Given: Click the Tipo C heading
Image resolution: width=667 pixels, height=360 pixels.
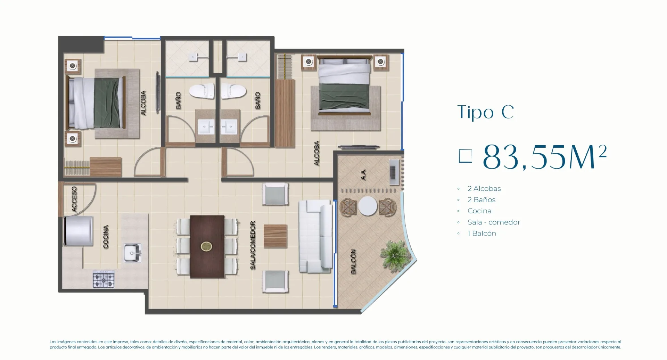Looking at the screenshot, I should (x=485, y=112).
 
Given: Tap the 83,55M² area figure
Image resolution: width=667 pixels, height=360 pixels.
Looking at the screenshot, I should (x=544, y=157).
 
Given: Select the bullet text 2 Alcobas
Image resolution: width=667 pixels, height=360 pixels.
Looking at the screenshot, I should (x=484, y=189).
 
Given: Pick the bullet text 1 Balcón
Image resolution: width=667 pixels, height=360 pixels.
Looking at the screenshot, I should (x=481, y=234).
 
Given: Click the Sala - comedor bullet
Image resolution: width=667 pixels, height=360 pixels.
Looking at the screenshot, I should (x=493, y=222).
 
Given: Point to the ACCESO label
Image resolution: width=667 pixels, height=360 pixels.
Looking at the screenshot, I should (x=74, y=199).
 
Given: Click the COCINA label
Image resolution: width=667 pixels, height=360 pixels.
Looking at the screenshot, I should (x=106, y=237).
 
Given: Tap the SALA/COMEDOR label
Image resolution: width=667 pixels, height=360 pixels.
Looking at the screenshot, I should (x=253, y=245).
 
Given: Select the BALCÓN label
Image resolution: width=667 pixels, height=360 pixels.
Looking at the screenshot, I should (x=353, y=261).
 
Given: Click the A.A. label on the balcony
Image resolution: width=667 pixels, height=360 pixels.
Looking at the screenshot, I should (x=363, y=174).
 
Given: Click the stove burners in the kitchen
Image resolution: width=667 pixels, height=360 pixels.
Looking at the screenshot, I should (x=104, y=279).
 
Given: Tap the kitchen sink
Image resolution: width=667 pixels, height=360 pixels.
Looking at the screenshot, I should (x=133, y=253).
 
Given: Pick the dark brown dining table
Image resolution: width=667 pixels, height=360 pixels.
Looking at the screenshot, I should (x=207, y=246).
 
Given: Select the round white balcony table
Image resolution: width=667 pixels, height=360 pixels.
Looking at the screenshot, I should (x=368, y=206).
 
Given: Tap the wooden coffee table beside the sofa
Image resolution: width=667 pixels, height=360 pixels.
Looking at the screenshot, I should (x=275, y=236).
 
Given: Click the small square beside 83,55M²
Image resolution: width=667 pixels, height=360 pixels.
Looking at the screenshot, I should (x=465, y=156).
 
